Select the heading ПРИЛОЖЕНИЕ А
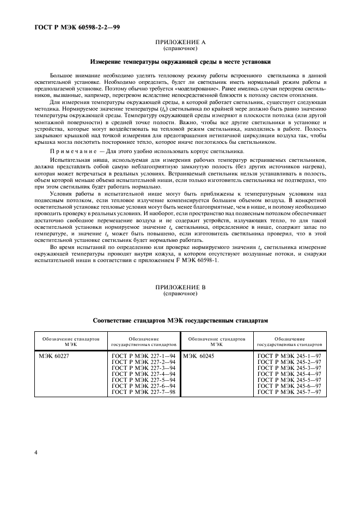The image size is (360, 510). pos(180,41)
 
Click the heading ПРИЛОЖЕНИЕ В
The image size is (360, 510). pos(180,287)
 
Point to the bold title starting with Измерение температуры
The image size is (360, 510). pos(180,62)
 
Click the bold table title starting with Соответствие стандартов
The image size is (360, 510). pos(180,321)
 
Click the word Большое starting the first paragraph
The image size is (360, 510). pos(62,74)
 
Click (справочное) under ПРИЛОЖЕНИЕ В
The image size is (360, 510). pos(180,294)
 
